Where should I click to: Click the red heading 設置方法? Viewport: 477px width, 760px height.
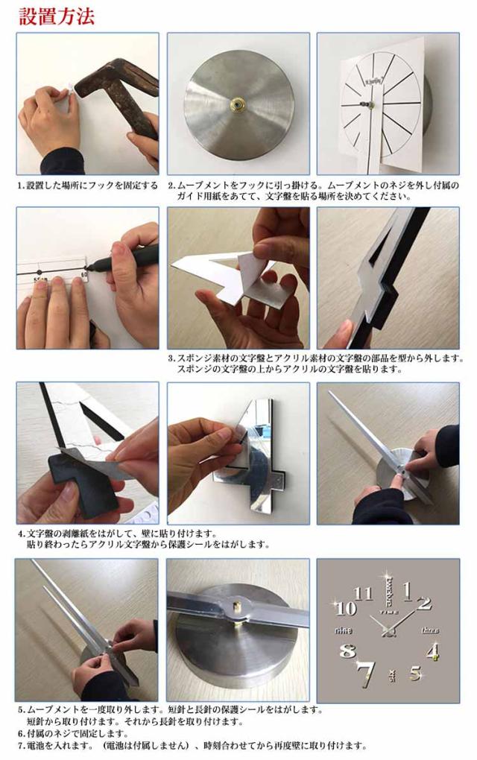coord(57,16)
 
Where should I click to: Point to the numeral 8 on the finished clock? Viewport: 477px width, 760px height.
coord(347,650)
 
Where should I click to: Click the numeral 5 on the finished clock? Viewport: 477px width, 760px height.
coord(415,673)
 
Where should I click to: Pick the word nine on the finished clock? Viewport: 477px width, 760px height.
coord(343,630)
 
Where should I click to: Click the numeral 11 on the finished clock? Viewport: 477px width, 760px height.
coord(363,593)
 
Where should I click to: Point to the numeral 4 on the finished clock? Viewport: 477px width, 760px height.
coord(433,650)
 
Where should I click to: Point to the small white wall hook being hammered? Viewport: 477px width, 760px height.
coord(72,90)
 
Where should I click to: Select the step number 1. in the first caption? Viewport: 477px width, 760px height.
coord(22,186)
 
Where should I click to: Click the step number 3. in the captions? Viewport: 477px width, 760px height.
coord(171,358)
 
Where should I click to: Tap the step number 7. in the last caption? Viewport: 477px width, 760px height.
coord(22,745)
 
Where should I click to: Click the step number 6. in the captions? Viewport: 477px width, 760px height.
coord(22,734)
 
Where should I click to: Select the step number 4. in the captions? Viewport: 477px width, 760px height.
coord(22,534)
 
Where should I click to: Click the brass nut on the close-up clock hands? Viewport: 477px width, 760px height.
coord(238,607)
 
